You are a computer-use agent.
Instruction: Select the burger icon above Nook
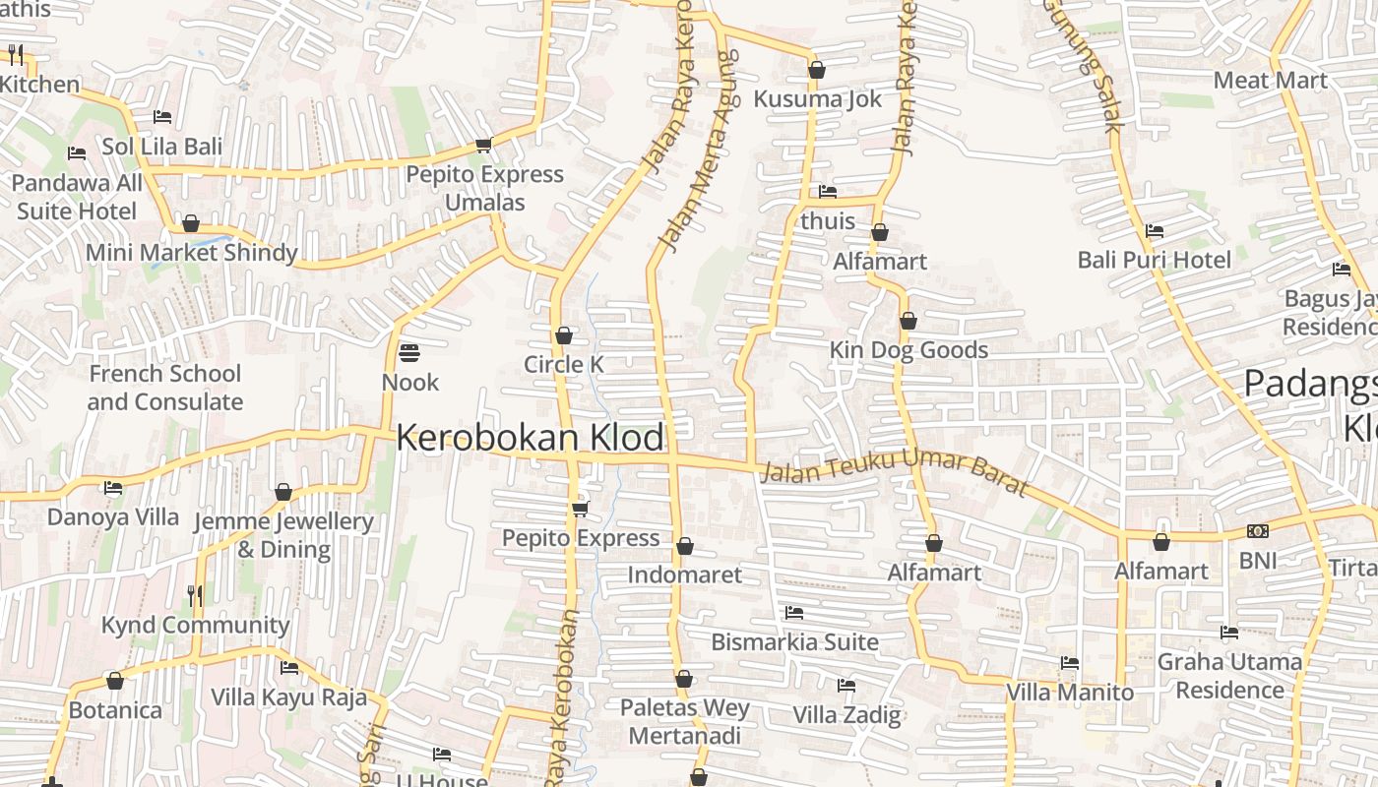tap(409, 352)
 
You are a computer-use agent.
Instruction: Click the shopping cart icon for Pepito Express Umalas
tap(483, 146)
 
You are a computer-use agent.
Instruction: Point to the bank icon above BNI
tap(1257, 531)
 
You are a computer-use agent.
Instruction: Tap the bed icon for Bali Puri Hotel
tap(1155, 231)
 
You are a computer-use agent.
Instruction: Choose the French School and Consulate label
tap(164, 388)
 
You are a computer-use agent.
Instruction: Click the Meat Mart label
tap(1270, 81)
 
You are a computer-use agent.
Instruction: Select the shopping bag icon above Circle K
tap(563, 336)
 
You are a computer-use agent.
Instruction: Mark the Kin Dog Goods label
tap(908, 350)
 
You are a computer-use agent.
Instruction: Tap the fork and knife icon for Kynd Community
tap(195, 595)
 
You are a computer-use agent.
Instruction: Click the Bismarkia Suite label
tap(794, 642)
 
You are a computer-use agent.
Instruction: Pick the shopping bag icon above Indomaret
tap(685, 546)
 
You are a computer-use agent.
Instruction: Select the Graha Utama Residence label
tap(1229, 676)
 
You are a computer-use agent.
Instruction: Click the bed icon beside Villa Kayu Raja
tap(289, 668)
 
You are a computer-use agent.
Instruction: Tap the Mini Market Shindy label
tap(191, 253)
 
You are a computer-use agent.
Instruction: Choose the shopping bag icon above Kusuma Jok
tap(816, 70)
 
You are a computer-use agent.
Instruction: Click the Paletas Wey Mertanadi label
tap(684, 721)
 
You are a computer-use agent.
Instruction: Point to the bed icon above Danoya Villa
tap(113, 488)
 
